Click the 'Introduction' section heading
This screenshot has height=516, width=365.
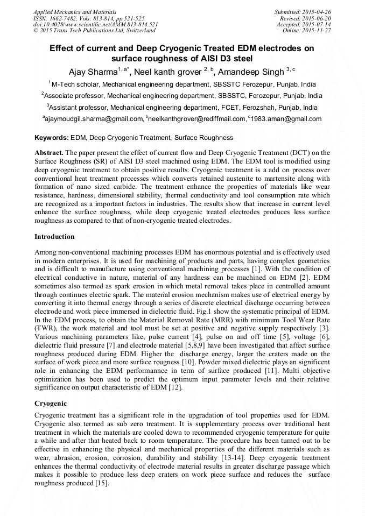tap(54, 237)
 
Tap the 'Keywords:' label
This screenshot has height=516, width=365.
tap(51, 138)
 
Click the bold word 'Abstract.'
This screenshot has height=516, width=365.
tap(50, 153)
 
